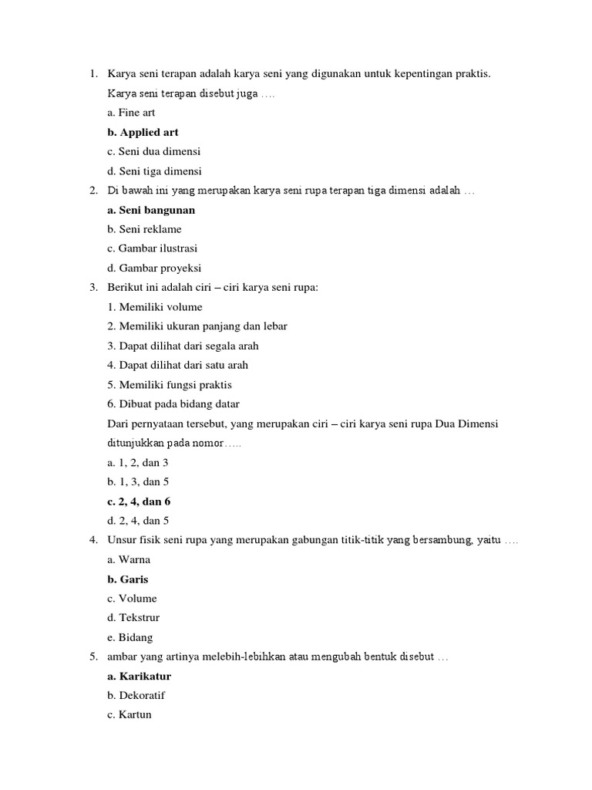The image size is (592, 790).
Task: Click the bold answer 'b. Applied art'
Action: click(143, 132)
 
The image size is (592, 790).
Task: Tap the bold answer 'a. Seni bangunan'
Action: click(151, 210)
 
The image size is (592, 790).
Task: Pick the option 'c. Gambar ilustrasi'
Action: click(153, 248)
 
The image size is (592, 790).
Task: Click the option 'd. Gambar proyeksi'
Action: click(154, 268)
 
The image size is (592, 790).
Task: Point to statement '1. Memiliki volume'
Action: click(155, 307)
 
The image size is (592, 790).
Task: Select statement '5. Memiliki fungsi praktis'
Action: click(170, 384)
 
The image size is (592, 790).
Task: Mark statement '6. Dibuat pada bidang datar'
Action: click(173, 403)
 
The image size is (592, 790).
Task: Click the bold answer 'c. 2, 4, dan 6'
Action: click(139, 501)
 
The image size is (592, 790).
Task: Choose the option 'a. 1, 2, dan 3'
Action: click(138, 462)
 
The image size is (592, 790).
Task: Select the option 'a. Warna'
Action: click(129, 559)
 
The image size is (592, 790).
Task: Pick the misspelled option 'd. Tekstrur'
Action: click(133, 617)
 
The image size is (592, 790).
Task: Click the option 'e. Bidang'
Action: click(130, 637)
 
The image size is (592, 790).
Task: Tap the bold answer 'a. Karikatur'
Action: click(139, 676)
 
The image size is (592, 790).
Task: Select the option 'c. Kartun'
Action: click(129, 714)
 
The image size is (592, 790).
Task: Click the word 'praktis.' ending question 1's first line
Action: click(472, 74)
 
